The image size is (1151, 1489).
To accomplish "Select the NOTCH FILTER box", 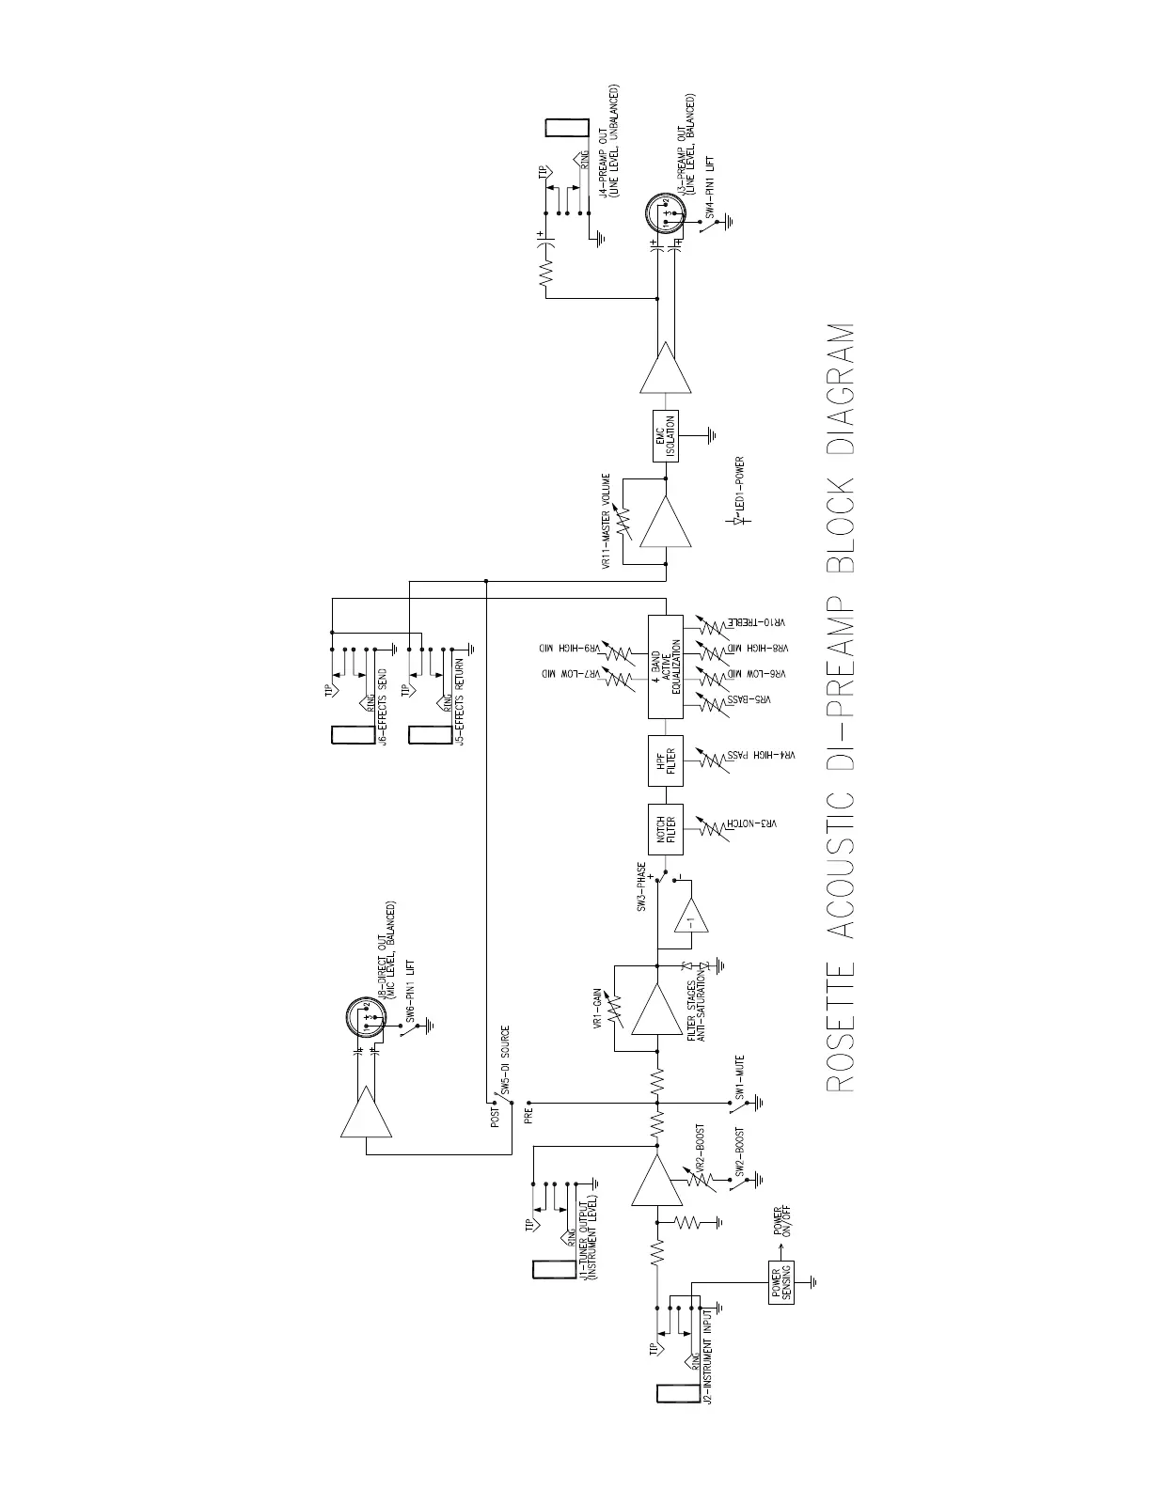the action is (665, 829).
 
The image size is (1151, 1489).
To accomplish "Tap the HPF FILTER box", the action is (665, 760).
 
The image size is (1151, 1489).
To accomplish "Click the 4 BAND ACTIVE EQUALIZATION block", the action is (665, 668).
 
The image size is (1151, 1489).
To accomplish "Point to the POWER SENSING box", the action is (781, 1281).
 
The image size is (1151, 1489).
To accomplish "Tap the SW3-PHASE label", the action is (642, 887).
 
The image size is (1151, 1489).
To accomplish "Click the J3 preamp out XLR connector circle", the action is (665, 215).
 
